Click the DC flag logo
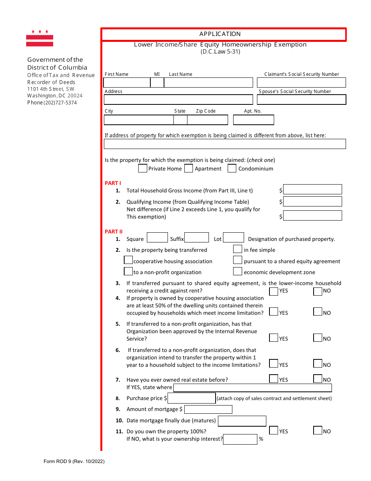point(39,38)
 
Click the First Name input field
point(127,83)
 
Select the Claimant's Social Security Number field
point(301,83)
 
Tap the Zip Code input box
point(207,120)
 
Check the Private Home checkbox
point(143,169)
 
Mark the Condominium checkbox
point(232,169)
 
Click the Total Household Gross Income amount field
point(312,190)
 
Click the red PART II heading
point(114,232)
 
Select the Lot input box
point(234,238)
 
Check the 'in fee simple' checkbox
point(237,249)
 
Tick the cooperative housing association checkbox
point(128,260)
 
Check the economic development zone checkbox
point(237,271)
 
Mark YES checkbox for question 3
point(274,291)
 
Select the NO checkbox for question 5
point(318,338)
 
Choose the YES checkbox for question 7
point(274,379)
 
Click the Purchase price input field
point(191,398)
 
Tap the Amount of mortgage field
point(208,409)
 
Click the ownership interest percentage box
point(240,439)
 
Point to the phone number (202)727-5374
point(52,103)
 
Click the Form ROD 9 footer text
point(74,461)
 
